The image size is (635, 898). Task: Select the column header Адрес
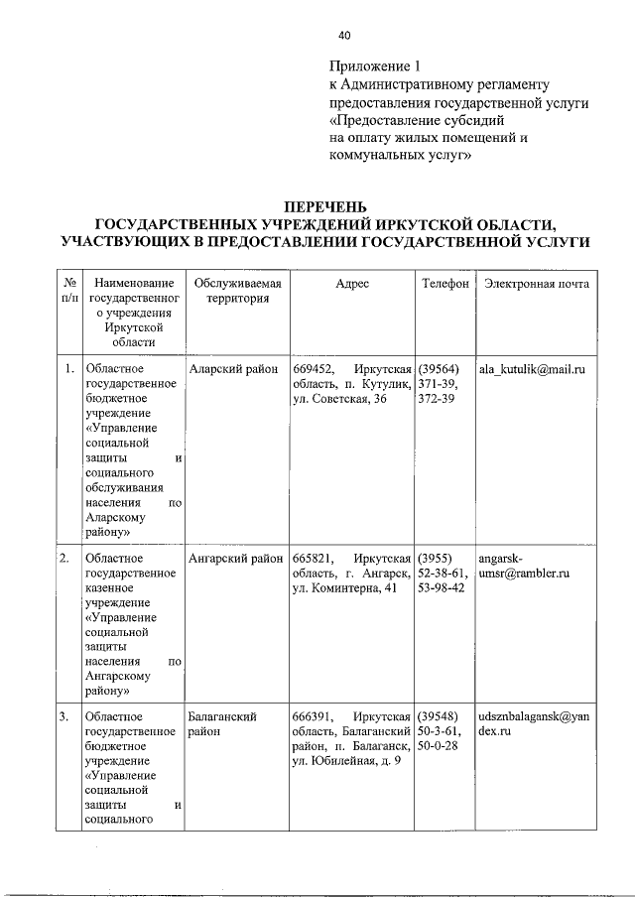(352, 284)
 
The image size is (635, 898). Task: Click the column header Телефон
(444, 284)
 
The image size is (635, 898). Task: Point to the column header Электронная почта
(537, 284)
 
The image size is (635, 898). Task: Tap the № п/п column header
(68, 291)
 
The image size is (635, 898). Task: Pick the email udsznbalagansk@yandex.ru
(534, 723)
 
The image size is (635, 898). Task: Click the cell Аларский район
(232, 369)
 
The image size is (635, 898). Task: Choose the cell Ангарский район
(235, 559)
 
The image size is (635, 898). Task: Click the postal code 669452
(312, 369)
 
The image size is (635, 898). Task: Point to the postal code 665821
(312, 559)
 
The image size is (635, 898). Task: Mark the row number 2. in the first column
(63, 559)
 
